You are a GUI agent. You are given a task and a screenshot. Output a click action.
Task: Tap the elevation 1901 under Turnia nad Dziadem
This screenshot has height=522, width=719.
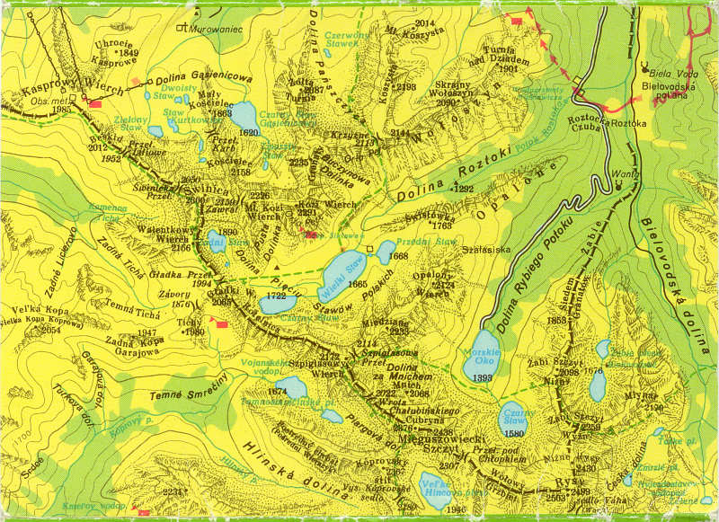(x=508, y=68)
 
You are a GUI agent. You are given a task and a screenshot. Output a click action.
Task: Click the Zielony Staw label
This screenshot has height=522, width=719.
(x=132, y=118)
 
